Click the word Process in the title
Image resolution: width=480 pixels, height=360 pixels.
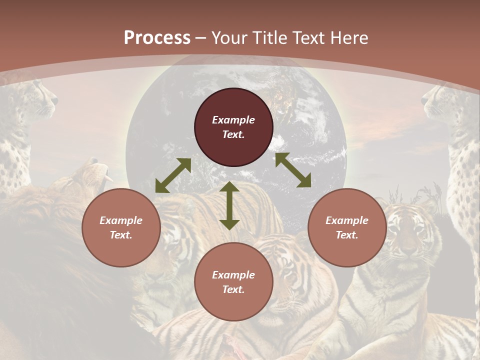pos(157,38)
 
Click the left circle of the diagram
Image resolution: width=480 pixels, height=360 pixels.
pos(121,228)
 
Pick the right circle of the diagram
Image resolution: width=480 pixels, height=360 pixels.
pos(347,228)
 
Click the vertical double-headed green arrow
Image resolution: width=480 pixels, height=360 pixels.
pos(229,206)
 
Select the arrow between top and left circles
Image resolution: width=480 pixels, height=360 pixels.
pos(173,175)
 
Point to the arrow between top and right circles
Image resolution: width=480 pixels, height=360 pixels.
pos(293,170)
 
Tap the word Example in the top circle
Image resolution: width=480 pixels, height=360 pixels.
pos(233,120)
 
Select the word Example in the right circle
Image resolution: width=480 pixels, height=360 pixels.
pos(347,220)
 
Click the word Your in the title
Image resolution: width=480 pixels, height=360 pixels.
pos(228,38)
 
